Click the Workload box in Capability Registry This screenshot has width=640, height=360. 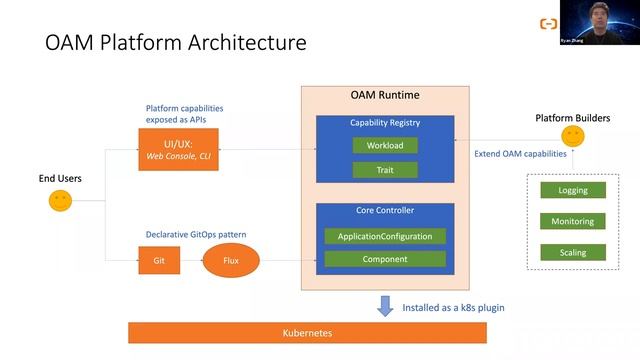[x=384, y=145]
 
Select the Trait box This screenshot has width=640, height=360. [x=384, y=169]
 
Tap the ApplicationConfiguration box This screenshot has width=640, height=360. [x=384, y=236]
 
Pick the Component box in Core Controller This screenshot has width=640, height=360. [x=384, y=259]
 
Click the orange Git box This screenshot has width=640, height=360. [x=159, y=261]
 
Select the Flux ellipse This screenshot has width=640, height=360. [x=231, y=261]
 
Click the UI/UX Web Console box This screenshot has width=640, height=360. [x=178, y=149]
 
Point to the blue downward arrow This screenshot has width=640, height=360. [x=385, y=306]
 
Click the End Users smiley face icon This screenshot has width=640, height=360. [x=60, y=201]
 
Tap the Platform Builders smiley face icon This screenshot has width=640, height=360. [x=572, y=136]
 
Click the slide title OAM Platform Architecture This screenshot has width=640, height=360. [x=176, y=44]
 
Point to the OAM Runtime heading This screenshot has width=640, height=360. [x=385, y=95]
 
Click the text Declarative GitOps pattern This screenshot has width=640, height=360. [x=196, y=234]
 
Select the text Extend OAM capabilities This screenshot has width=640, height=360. [x=520, y=153]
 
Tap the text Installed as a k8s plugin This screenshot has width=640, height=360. [x=453, y=307]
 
